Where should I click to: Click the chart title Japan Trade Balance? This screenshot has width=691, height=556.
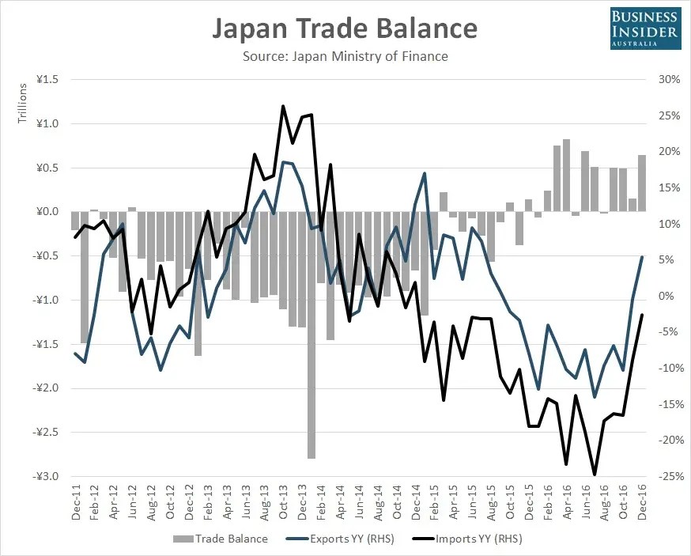tap(345, 28)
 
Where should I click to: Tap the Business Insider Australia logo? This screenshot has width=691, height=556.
tap(644, 27)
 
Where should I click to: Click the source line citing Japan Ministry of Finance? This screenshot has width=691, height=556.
tap(345, 56)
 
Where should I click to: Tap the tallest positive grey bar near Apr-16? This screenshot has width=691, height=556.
tap(566, 174)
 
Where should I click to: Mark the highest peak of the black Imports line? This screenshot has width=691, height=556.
tap(283, 105)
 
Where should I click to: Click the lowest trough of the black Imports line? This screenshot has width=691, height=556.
tap(595, 475)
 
